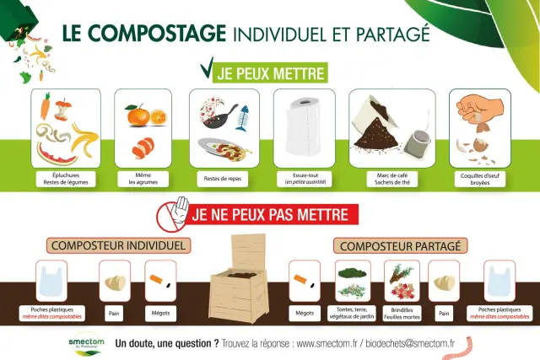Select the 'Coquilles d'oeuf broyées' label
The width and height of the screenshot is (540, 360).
(x=478, y=178)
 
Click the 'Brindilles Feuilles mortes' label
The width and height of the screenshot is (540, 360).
(x=402, y=313)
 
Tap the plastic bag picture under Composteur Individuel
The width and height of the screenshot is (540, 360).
(x=53, y=282)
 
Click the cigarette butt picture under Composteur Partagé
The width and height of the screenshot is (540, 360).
(x=304, y=282)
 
